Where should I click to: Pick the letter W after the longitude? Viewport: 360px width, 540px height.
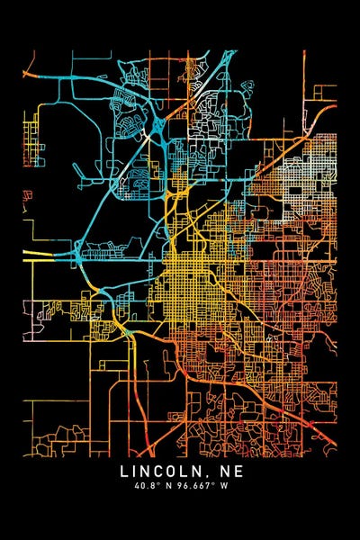coord(226,486)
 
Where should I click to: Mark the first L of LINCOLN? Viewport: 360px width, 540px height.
coord(124,471)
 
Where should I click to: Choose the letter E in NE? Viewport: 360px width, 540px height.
coord(238,471)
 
